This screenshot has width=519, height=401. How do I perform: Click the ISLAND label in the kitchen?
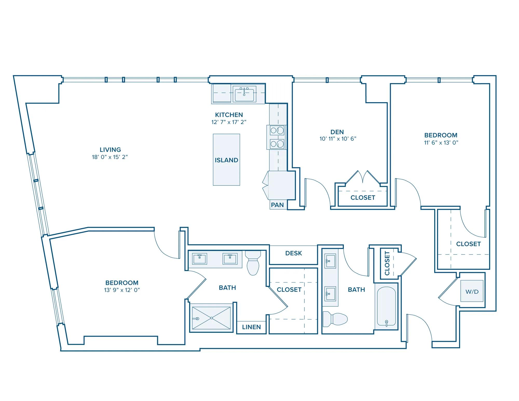(x=226, y=160)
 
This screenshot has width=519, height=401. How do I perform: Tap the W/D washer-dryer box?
(x=472, y=291)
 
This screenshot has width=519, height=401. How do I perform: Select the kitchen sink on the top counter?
(x=244, y=94)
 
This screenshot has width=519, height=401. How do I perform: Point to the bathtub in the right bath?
(x=386, y=306)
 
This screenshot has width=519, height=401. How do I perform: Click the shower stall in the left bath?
(x=211, y=318)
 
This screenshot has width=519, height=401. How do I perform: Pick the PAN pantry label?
(x=277, y=205)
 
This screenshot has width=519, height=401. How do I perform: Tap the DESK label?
(x=293, y=253)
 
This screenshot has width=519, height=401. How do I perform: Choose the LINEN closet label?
(x=251, y=327)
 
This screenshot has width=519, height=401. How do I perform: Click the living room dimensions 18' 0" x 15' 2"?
(x=110, y=157)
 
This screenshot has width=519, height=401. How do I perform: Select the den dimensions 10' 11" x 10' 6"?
(x=338, y=139)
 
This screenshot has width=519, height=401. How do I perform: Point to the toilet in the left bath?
(x=253, y=263)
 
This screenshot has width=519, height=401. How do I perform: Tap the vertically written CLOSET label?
(x=387, y=263)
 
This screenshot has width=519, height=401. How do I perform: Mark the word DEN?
(x=337, y=132)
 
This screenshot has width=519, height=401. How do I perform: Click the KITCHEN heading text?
(x=229, y=115)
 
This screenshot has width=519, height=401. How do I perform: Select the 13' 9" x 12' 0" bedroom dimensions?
(x=122, y=290)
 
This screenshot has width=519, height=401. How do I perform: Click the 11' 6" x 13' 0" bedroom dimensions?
(x=441, y=142)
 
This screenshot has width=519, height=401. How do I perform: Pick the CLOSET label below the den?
(x=363, y=198)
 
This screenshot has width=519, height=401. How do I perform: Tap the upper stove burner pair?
(x=277, y=130)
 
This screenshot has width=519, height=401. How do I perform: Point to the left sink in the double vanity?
(x=200, y=259)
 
